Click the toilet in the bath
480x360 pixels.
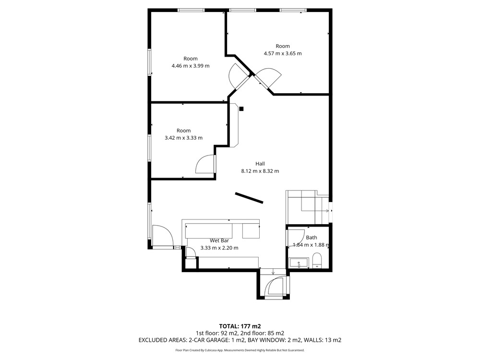tap(317, 261)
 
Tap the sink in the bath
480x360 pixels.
tap(299, 263)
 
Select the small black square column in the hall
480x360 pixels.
tap(241, 108)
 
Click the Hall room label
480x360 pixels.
tap(260, 164)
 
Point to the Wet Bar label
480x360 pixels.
tap(219, 240)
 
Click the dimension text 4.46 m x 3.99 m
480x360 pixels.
tap(191, 66)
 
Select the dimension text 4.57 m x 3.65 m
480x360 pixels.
tap(283, 54)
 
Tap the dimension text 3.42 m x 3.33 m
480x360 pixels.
tap(184, 138)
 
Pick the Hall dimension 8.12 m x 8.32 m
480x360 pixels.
tap(260, 171)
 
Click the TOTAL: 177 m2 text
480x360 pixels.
tap(240, 326)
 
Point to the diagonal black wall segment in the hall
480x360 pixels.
tap(249, 198)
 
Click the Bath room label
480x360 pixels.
tap(312, 238)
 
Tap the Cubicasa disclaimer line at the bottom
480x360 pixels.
tap(240, 350)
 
